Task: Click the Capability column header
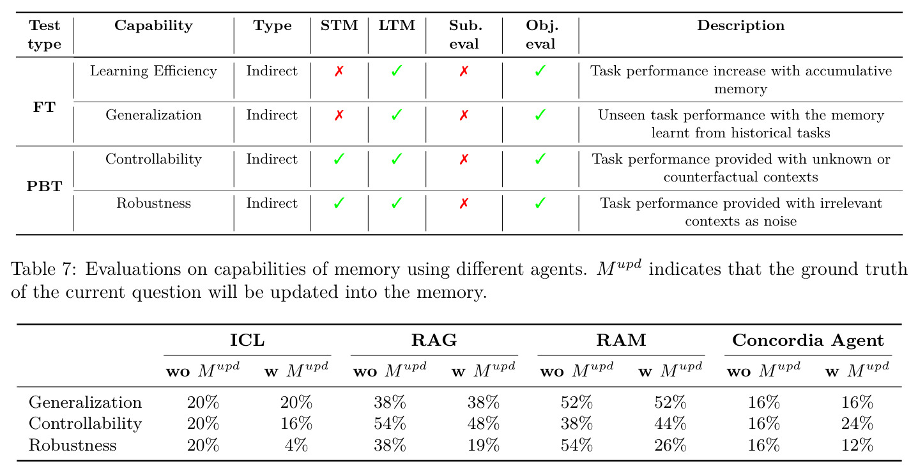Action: pyautogui.click(x=153, y=26)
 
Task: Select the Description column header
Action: pyautogui.click(x=740, y=26)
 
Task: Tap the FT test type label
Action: pyautogui.click(x=44, y=107)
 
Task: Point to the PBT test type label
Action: pyautogui.click(x=44, y=186)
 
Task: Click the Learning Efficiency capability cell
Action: pyautogui.click(x=153, y=71)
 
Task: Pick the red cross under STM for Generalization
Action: pyautogui.click(x=339, y=115)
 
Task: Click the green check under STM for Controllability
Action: pyautogui.click(x=339, y=159)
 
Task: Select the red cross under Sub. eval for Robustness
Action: pyautogui.click(x=464, y=203)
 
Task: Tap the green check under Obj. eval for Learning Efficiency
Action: pyautogui.click(x=540, y=71)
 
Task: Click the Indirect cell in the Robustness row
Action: pyautogui.click(x=272, y=203)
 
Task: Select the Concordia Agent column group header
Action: pyautogui.click(x=807, y=340)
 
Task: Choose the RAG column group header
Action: pyautogui.click(x=434, y=340)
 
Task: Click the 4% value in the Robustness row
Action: pyautogui.click(x=296, y=445)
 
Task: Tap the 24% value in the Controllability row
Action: pyautogui.click(x=857, y=423)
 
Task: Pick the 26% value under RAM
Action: pyautogui.click(x=670, y=445)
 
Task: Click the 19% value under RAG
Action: pyautogui.click(x=483, y=445)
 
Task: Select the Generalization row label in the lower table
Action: pyautogui.click(x=85, y=402)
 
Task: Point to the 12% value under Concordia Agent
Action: pyautogui.click(x=857, y=445)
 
